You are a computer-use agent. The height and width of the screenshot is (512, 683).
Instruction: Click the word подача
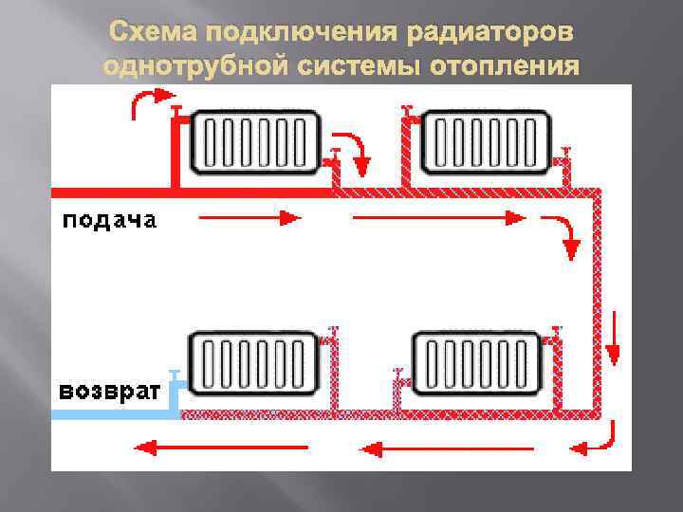click(110, 222)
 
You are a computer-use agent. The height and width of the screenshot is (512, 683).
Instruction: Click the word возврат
click(110, 391)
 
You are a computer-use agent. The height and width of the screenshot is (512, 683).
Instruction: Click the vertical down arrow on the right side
click(614, 337)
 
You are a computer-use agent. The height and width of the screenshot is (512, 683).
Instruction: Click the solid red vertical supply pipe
click(175, 152)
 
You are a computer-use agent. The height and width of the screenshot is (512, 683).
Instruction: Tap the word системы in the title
click(364, 68)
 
